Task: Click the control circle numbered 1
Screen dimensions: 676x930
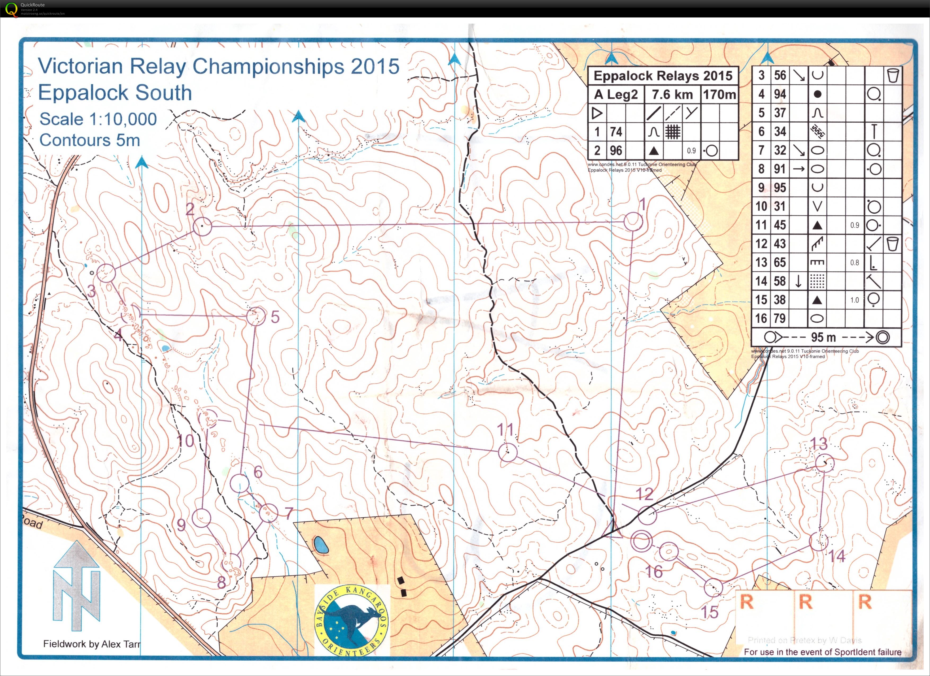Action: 633,222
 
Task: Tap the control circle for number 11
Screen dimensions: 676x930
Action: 507,452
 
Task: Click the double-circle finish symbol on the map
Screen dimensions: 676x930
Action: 641,541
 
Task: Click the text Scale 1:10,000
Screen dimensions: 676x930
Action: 98,119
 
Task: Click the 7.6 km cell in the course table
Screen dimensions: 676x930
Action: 672,95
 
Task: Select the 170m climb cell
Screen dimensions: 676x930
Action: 719,95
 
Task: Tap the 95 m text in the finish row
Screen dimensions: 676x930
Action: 823,337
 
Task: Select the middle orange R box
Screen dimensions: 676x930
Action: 805,603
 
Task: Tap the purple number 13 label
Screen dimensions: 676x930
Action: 819,444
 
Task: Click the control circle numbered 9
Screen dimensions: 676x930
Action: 201,518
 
